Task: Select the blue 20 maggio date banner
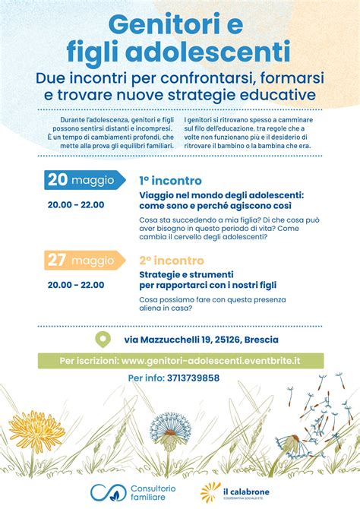81,181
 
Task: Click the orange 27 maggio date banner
81,261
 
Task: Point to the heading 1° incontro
170,181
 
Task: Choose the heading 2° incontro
170,260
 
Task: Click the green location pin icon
100,340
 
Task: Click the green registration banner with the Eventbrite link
180,360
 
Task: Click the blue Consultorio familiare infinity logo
104,492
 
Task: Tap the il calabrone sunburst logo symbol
210,491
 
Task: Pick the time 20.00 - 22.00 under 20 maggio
75,204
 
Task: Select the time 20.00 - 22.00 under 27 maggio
75,284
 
